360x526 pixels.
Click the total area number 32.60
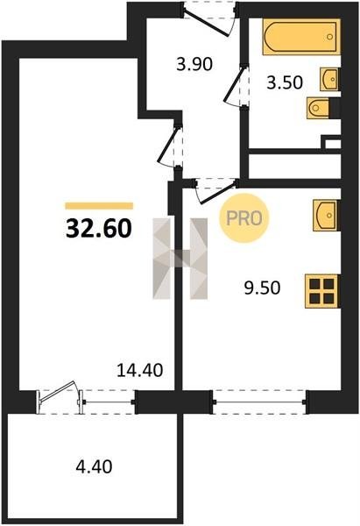(99, 228)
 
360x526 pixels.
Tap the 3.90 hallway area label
(194, 64)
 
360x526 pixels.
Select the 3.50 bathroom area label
(285, 82)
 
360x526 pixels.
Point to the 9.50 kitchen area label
(262, 288)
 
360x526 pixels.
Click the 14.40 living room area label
(140, 370)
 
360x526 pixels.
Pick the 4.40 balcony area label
(94, 466)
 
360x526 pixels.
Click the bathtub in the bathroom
(301, 37)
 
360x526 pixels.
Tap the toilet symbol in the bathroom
(319, 108)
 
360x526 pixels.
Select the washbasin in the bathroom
(330, 79)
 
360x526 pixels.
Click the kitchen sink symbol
(326, 216)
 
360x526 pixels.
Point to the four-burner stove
(321, 291)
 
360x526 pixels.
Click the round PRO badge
(244, 218)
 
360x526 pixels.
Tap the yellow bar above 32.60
(99, 206)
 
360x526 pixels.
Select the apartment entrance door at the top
(210, 18)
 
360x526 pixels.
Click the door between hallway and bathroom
(236, 86)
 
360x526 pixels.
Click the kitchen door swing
(215, 191)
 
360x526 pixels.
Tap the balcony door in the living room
(60, 397)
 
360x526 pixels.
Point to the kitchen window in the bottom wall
(259, 402)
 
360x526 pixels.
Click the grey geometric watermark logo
(180, 259)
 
